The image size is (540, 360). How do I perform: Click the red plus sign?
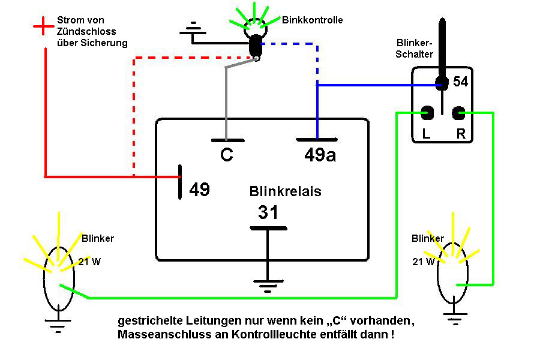coord(43,26)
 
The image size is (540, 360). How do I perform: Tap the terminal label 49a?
coord(320,155)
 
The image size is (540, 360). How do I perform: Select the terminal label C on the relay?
coord(227,154)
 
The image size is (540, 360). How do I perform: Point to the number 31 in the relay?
coord(268,212)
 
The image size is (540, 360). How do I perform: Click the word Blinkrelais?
coord(285,191)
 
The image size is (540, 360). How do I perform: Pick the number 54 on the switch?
coord(460,82)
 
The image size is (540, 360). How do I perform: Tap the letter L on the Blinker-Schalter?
coord(427,133)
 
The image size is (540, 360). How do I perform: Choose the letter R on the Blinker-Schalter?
coord(461,133)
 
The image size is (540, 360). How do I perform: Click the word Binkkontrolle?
coord(313,20)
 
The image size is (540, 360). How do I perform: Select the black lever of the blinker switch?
coord(442,52)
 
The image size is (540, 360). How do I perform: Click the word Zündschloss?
coord(86,31)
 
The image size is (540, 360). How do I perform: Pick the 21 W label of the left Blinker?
coord(89,262)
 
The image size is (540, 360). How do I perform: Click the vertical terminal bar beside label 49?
coord(180,182)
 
